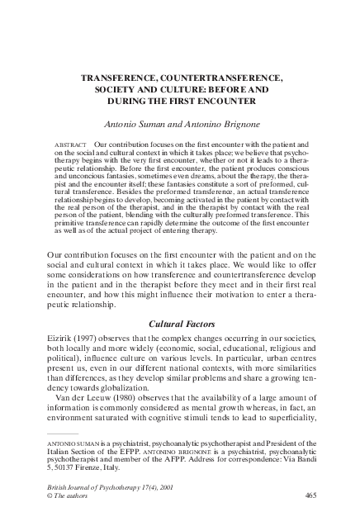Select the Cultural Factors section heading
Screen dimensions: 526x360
[180, 302]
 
